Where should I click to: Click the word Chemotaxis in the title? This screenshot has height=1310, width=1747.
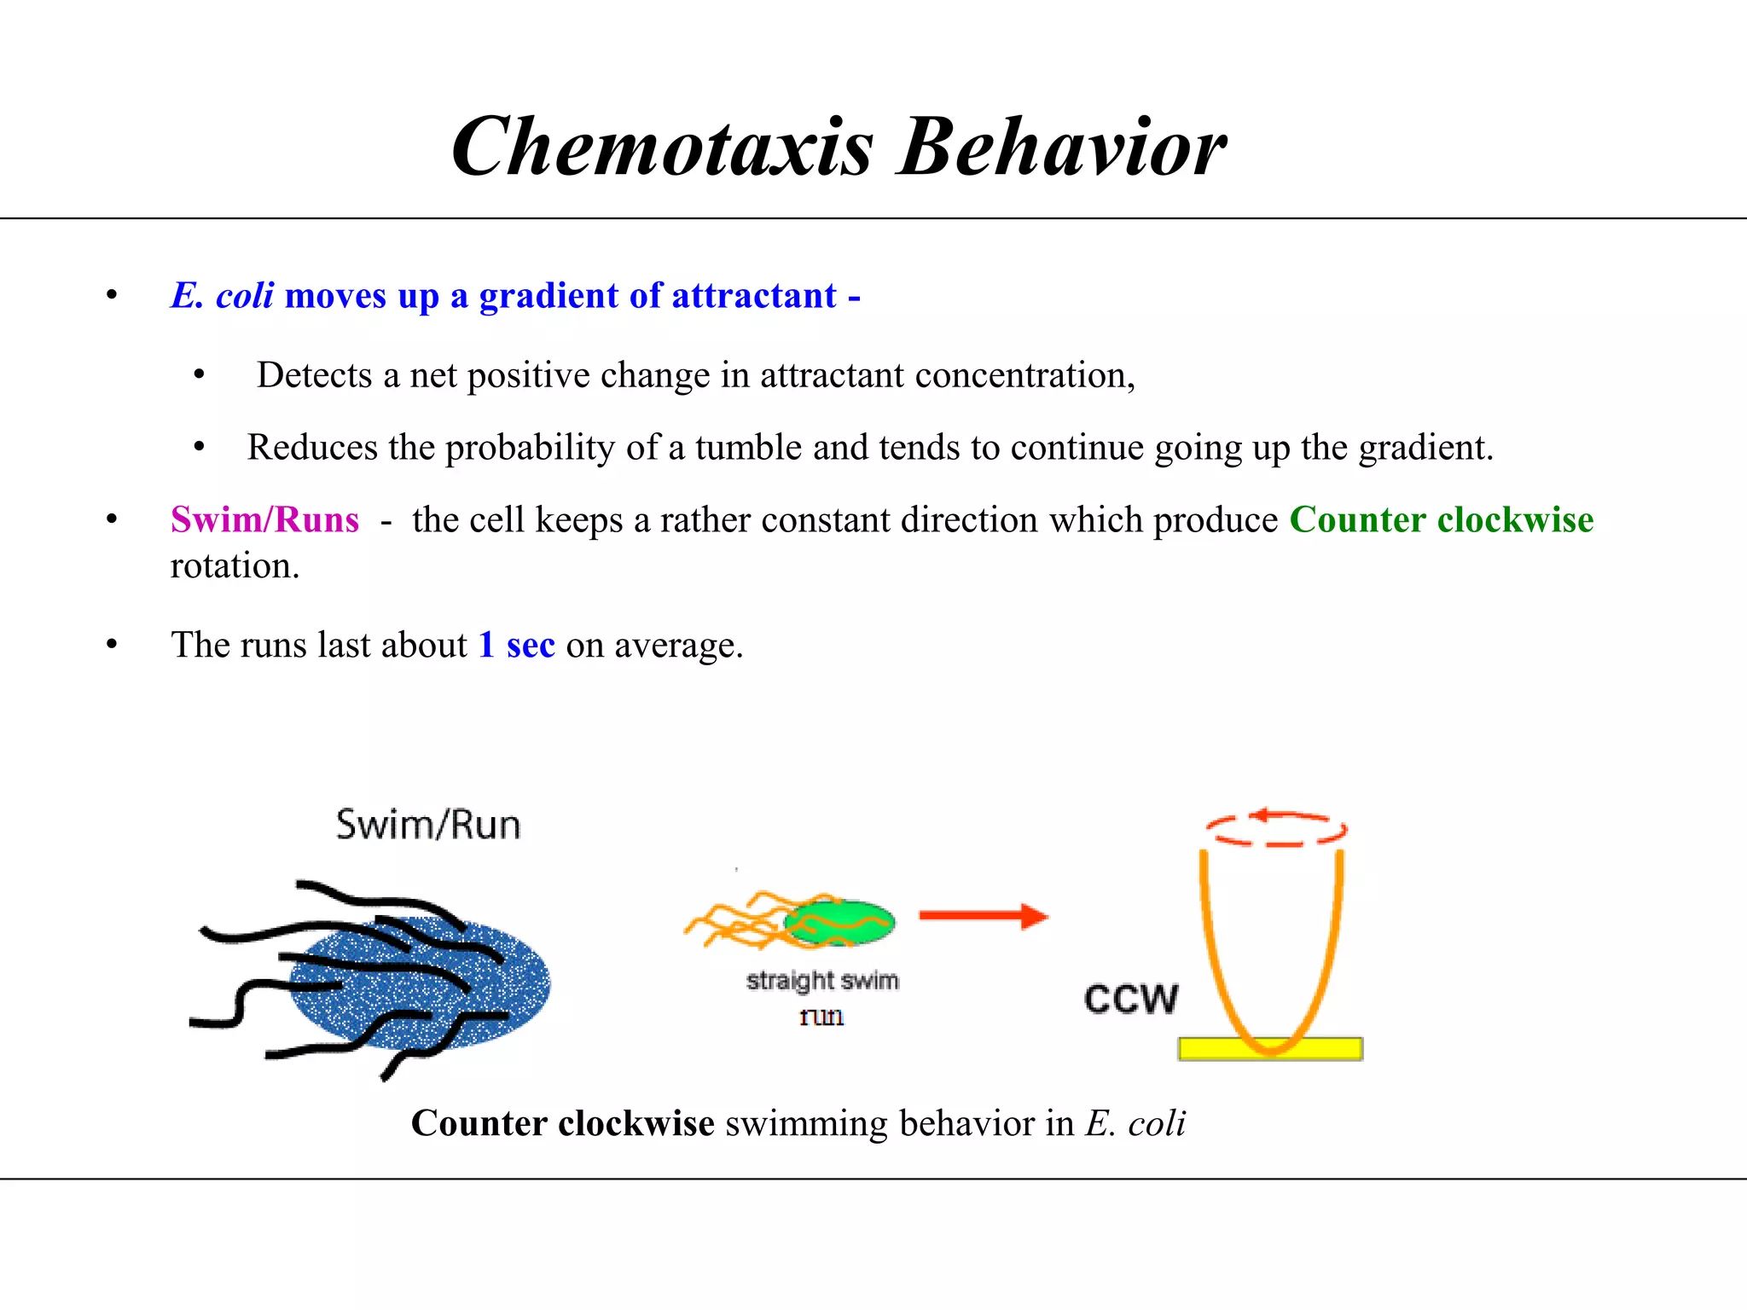(x=662, y=147)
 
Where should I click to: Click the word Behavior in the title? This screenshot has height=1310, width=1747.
(x=1062, y=147)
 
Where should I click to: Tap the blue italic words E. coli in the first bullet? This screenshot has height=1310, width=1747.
(x=222, y=296)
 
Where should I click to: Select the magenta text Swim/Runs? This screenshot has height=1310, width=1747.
(x=264, y=519)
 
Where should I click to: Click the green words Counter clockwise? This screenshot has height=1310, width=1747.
(x=1441, y=519)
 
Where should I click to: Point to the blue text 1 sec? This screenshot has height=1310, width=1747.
(x=517, y=645)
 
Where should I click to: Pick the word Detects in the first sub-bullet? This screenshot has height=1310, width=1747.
(x=315, y=375)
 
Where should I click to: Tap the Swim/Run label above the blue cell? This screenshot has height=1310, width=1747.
(x=428, y=825)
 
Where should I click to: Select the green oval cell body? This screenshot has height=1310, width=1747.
(x=840, y=922)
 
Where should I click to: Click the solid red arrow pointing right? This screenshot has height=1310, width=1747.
(x=983, y=916)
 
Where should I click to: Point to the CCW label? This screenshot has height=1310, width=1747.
(x=1131, y=999)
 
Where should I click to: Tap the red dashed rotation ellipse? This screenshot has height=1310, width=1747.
(x=1275, y=829)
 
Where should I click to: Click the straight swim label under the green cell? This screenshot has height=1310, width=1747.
(x=822, y=981)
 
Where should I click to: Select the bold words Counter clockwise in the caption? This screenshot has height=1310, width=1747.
(x=562, y=1123)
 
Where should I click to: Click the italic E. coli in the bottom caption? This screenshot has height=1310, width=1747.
(x=1135, y=1123)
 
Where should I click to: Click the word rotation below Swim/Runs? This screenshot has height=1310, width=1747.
(x=235, y=566)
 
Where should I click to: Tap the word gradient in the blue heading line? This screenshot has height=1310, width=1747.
(x=548, y=296)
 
